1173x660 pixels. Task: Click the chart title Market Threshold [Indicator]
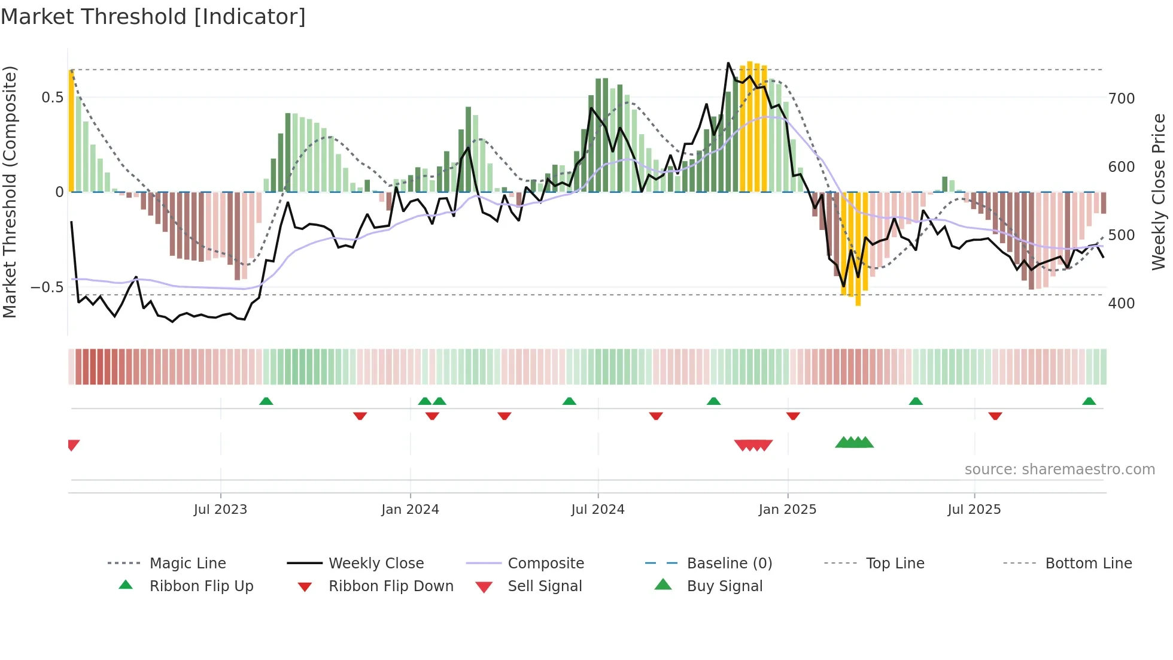tap(153, 17)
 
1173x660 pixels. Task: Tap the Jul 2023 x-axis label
tap(220, 510)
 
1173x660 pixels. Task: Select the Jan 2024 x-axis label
tap(410, 510)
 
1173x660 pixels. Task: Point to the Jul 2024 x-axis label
tap(597, 510)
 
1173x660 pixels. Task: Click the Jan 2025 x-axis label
tap(787, 510)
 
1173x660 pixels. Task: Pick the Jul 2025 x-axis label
tap(974, 510)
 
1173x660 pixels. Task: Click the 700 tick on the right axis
tap(1121, 98)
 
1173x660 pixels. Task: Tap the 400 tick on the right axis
tap(1121, 303)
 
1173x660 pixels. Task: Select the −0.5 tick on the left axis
tap(47, 287)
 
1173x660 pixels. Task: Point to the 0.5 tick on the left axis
tap(52, 98)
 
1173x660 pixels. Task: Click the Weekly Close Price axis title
tap(1159, 192)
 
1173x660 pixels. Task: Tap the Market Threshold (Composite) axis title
tap(10, 192)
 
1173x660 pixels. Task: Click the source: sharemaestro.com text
tap(1059, 470)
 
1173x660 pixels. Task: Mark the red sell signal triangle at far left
tap(73, 445)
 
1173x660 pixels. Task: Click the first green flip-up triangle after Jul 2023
tap(266, 401)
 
